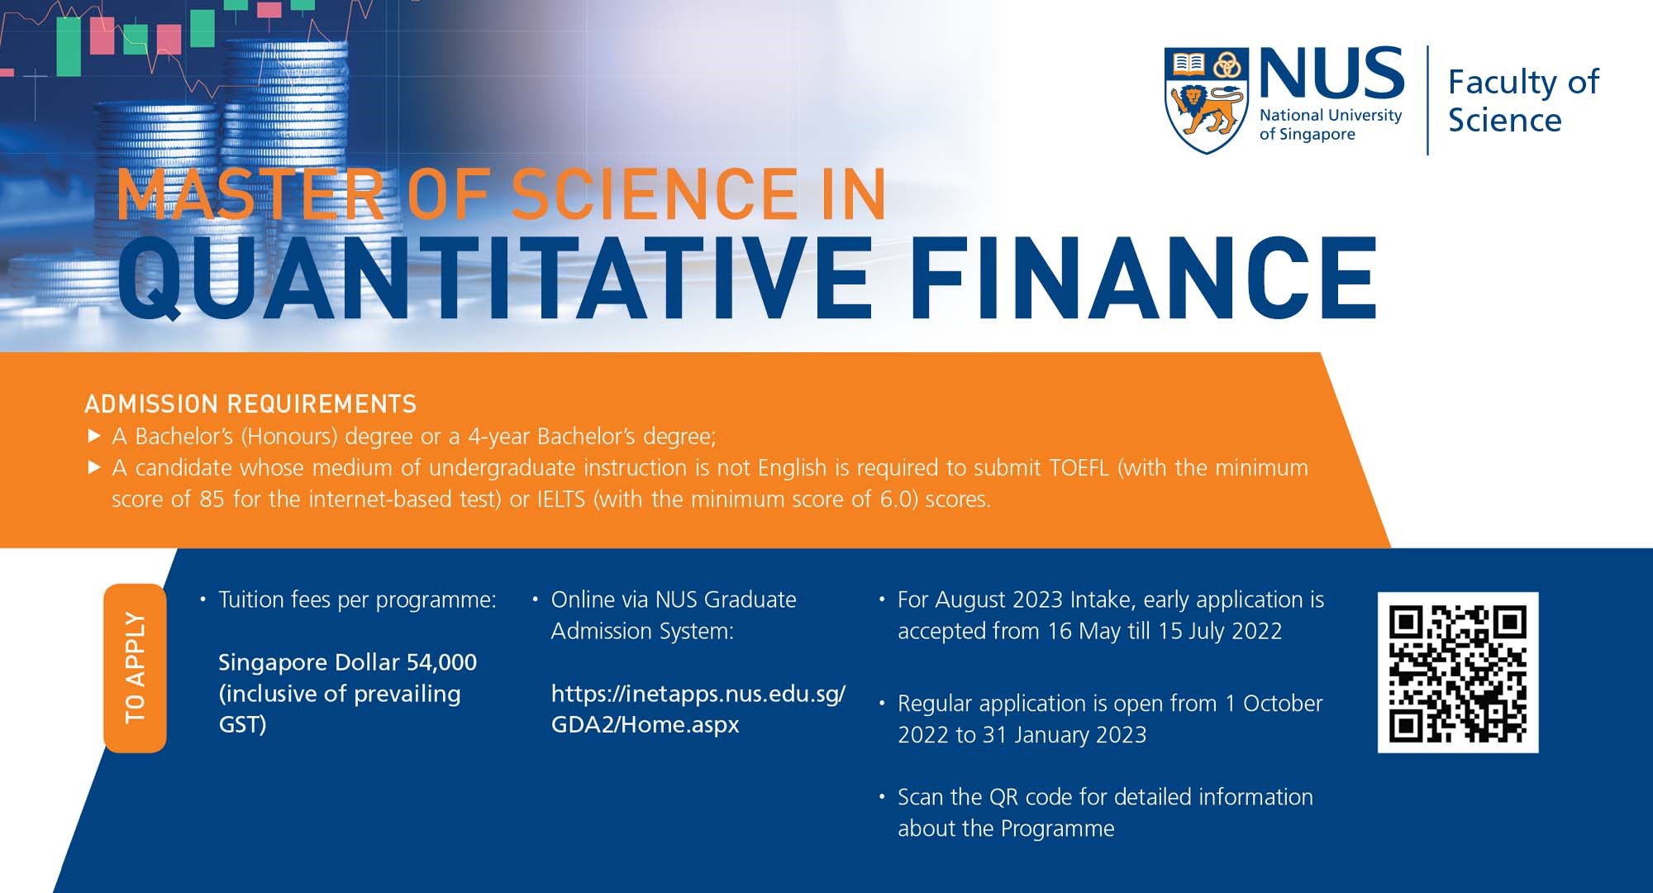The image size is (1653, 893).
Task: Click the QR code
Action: [1458, 672]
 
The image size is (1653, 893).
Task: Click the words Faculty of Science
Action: [1522, 101]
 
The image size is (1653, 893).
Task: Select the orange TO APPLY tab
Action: [135, 668]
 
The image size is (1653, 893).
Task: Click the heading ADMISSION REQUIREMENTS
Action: [250, 404]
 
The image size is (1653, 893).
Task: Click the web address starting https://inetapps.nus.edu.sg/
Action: [698, 694]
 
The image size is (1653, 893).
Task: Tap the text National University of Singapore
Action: [1330, 125]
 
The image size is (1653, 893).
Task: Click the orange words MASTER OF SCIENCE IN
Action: [501, 195]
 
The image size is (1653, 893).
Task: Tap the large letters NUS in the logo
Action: [1331, 73]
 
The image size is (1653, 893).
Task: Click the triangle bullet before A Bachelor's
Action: [94, 435]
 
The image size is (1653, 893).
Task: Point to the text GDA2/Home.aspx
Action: [645, 725]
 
